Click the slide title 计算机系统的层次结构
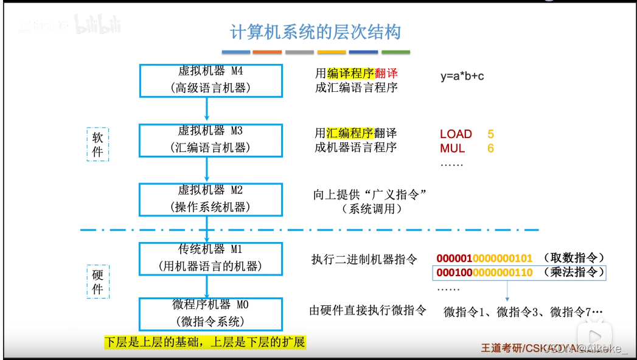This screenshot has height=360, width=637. pos(315,32)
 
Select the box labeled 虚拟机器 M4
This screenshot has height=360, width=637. pos(211,80)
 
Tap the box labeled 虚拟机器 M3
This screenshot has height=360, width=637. pos(211,139)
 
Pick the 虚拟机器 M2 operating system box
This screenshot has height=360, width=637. pos(211,199)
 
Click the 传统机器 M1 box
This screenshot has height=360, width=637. pos(211,258)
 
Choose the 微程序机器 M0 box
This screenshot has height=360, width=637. pos(211,313)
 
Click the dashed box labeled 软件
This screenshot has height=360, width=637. pos(98,144)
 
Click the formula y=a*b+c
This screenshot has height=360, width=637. pos(462,77)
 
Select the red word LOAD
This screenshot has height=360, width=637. pos(456,134)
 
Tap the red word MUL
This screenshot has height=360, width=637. pos(452,148)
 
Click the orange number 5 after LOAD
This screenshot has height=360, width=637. pos(490,134)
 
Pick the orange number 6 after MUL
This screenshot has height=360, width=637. pos(490,148)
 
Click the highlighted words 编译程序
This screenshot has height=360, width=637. pos(349,73)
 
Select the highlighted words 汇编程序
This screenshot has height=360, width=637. pos(349,133)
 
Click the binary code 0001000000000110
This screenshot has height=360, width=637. pos(484,272)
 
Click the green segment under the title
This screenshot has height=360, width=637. pos(395,52)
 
